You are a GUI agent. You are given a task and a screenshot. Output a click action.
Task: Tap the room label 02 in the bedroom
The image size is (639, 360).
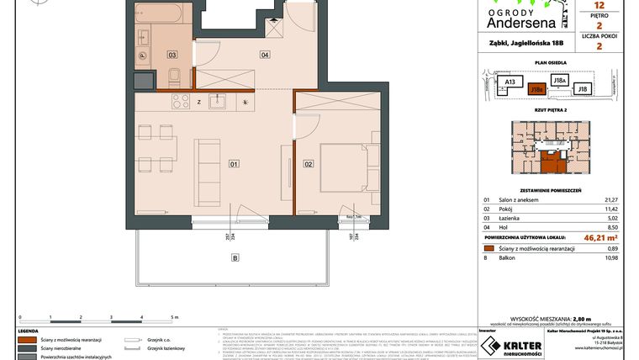point(309,163)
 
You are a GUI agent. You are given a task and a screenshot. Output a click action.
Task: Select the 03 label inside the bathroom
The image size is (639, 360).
point(172,55)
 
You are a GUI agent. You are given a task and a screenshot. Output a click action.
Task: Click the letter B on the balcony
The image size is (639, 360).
point(235,257)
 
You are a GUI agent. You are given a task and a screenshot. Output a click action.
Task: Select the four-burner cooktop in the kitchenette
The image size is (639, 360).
point(180,102)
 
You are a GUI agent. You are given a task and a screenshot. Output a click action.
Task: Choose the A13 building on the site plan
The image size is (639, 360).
point(510,82)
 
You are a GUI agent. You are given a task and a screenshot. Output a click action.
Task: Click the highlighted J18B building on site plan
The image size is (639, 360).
point(536,88)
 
